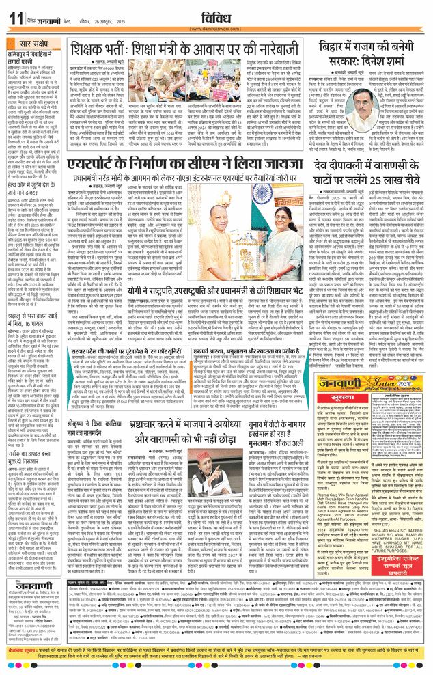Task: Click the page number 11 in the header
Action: pyautogui.click(x=14, y=18)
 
